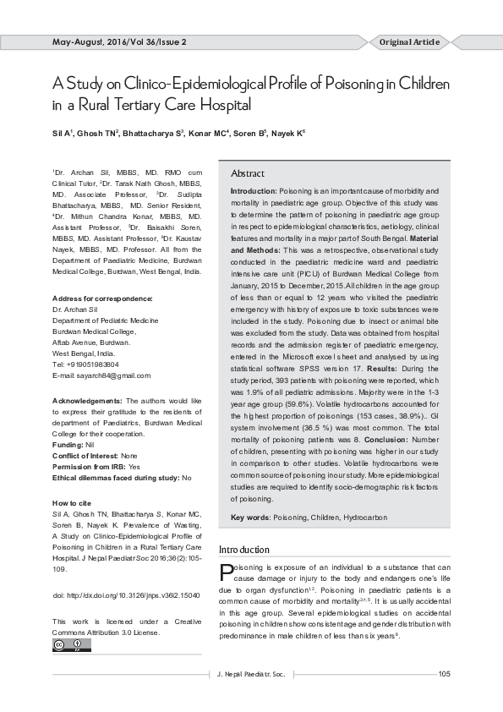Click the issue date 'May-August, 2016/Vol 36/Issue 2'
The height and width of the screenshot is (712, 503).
point(119,41)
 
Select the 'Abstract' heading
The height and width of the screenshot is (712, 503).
point(248,173)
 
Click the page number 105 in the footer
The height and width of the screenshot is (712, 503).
point(445,673)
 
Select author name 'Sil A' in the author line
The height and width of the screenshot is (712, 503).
point(61,134)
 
